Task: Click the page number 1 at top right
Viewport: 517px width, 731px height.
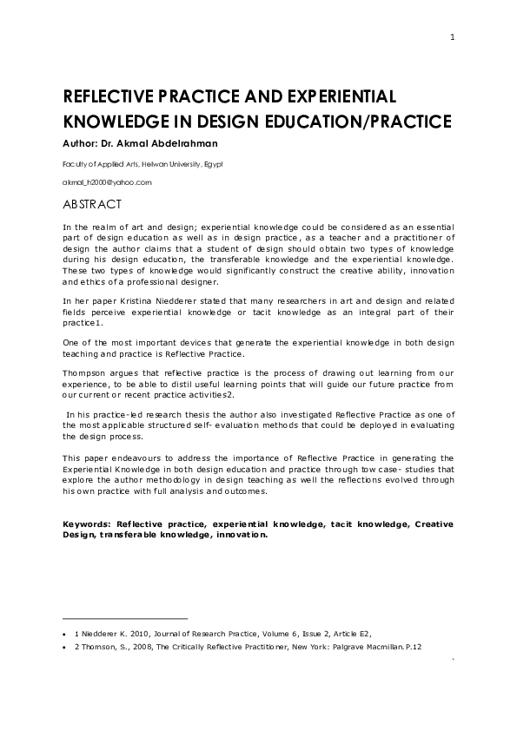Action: tap(453, 36)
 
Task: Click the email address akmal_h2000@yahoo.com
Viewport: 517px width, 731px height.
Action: tap(108, 182)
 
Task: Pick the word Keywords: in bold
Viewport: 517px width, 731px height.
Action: tap(88, 524)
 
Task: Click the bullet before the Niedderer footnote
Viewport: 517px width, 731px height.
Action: tap(65, 636)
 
